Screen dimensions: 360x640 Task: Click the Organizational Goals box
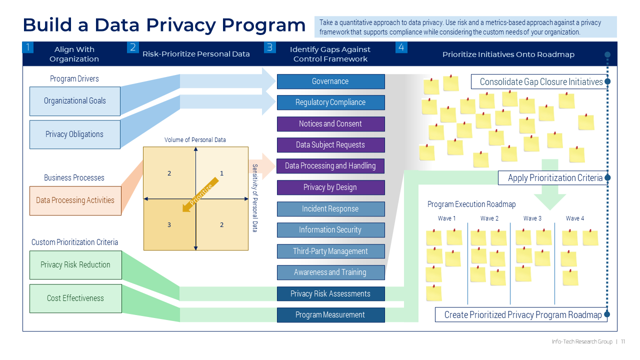[x=75, y=101]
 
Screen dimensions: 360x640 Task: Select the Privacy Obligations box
[x=75, y=134]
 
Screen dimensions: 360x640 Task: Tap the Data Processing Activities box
[x=75, y=200]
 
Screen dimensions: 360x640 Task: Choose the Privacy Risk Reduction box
[x=75, y=265]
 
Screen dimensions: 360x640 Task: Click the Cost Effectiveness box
[x=75, y=298]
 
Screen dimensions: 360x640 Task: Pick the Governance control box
[x=330, y=81]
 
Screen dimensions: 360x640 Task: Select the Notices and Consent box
[x=330, y=124]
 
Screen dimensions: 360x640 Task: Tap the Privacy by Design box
[x=330, y=187]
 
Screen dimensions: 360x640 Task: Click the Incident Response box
[x=330, y=209]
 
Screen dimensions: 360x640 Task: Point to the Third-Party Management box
[x=330, y=251]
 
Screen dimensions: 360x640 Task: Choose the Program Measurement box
[x=330, y=315]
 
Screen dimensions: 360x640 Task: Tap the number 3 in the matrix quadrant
[x=169, y=225]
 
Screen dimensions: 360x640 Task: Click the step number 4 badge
[x=401, y=47]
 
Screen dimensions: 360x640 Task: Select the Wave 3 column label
[x=532, y=218]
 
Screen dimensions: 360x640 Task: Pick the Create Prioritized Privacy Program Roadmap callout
[x=523, y=315]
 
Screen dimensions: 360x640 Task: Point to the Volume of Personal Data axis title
[x=195, y=140]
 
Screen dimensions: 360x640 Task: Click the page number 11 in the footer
[x=623, y=342]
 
